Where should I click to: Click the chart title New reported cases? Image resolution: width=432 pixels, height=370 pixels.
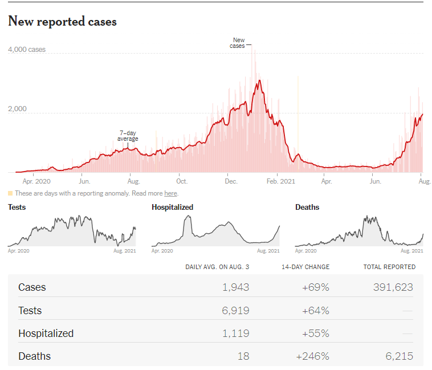pyautogui.click(x=62, y=22)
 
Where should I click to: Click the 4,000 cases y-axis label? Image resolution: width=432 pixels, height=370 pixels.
pyautogui.click(x=27, y=50)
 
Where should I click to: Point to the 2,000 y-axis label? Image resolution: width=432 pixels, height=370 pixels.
pyautogui.click(x=18, y=108)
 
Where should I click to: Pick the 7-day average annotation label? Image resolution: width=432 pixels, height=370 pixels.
pyautogui.click(x=128, y=136)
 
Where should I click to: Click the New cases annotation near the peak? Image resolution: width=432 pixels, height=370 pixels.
pyautogui.click(x=238, y=43)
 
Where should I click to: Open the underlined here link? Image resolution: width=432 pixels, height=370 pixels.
pyautogui.click(x=170, y=193)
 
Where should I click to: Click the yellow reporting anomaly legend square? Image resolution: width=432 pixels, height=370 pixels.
pyautogui.click(x=10, y=193)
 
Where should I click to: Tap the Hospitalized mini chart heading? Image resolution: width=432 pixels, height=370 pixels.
pyautogui.click(x=172, y=208)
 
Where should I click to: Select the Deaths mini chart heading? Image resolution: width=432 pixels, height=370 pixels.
pyautogui.click(x=307, y=208)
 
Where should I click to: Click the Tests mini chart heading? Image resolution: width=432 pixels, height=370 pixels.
pyautogui.click(x=17, y=208)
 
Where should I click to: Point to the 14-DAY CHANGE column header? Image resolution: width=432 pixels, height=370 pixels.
pyautogui.click(x=305, y=267)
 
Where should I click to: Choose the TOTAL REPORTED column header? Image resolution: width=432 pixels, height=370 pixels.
pyautogui.click(x=389, y=267)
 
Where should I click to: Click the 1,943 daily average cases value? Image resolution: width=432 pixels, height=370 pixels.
pyautogui.click(x=235, y=287)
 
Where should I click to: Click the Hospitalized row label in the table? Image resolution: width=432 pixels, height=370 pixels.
pyautogui.click(x=46, y=334)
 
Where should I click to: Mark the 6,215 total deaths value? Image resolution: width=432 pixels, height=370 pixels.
pyautogui.click(x=399, y=356)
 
